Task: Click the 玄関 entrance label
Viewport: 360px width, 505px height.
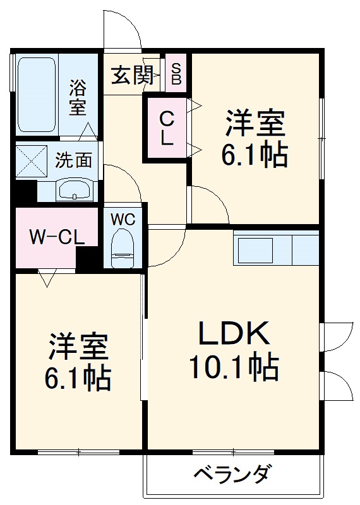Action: (133, 76)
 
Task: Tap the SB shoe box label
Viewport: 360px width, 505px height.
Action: (176, 74)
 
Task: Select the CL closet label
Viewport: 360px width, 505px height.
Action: (166, 128)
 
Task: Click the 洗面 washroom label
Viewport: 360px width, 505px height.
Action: (73, 160)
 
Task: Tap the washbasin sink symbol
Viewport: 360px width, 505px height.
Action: (75, 189)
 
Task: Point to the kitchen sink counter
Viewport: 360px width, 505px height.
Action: (276, 249)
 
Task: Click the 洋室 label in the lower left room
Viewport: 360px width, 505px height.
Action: (78, 347)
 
